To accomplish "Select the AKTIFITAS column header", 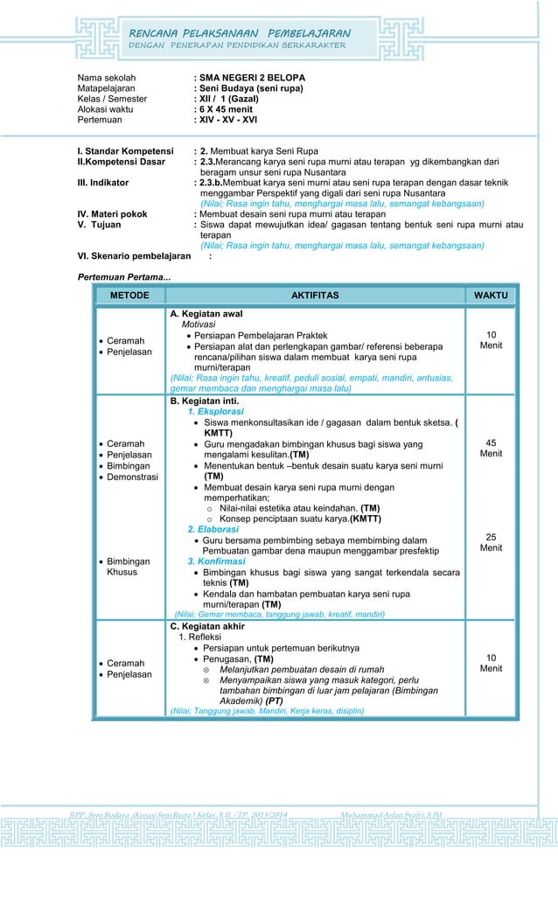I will pyautogui.click(x=314, y=296).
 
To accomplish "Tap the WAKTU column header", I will pyautogui.click(x=490, y=296).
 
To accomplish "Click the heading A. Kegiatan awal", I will pyautogui.click(x=206, y=313).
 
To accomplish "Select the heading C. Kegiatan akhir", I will pyautogui.click(x=207, y=626).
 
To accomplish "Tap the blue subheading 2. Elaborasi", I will pyautogui.click(x=213, y=529).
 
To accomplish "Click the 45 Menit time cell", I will pyautogui.click(x=491, y=449).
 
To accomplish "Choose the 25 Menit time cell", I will pyautogui.click(x=491, y=542).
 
